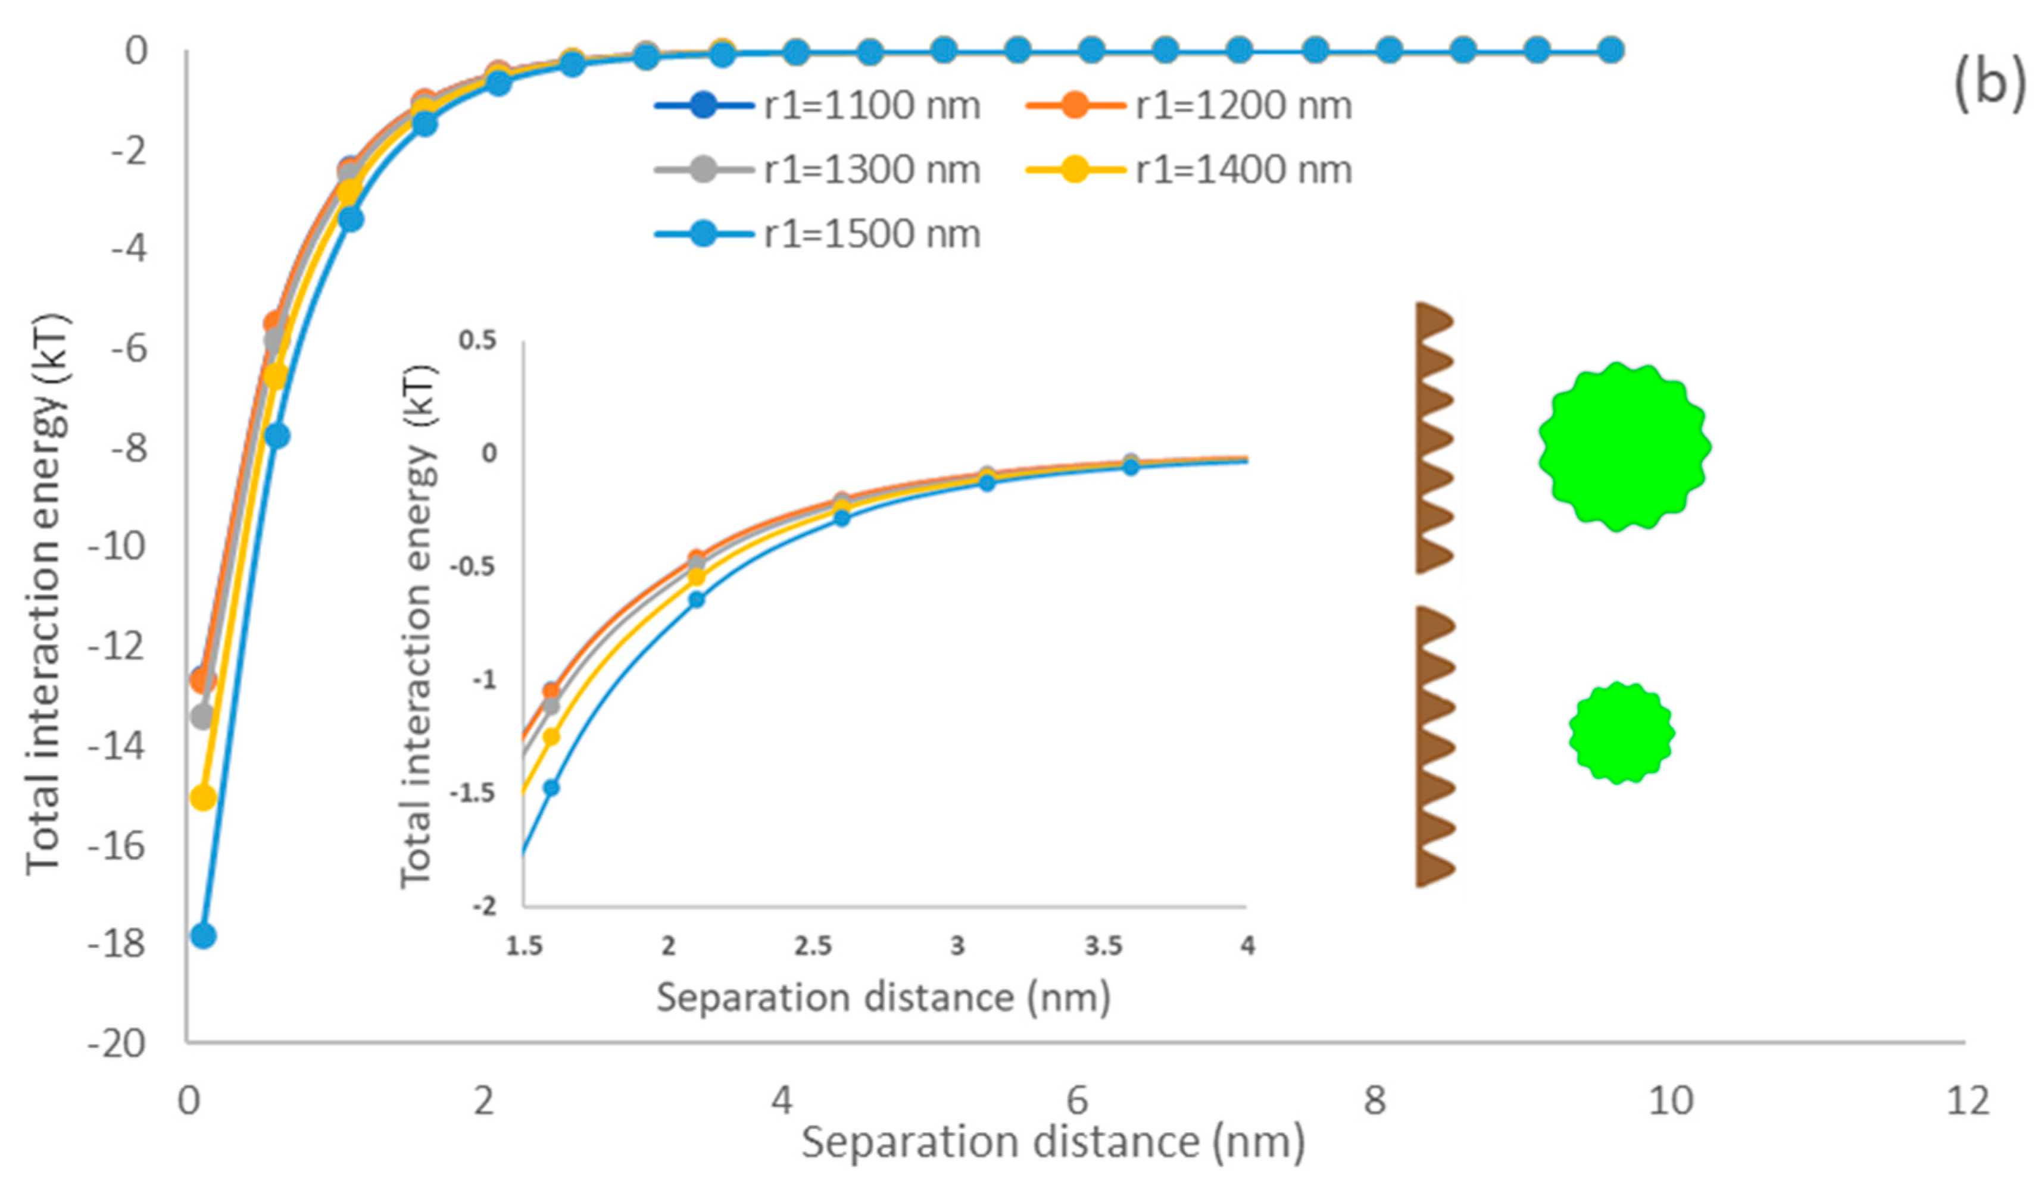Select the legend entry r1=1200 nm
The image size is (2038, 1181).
(x=1189, y=106)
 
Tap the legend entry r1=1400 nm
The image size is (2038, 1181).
(x=1189, y=170)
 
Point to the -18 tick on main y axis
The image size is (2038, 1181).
(x=117, y=944)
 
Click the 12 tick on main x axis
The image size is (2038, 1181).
(x=1967, y=1101)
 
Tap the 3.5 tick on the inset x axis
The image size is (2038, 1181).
(x=1103, y=946)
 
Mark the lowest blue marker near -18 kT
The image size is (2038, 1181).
(x=202, y=936)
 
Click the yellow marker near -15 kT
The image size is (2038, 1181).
(x=202, y=798)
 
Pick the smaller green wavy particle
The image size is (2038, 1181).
(x=1621, y=732)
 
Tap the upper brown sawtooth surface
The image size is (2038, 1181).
(x=1433, y=438)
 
